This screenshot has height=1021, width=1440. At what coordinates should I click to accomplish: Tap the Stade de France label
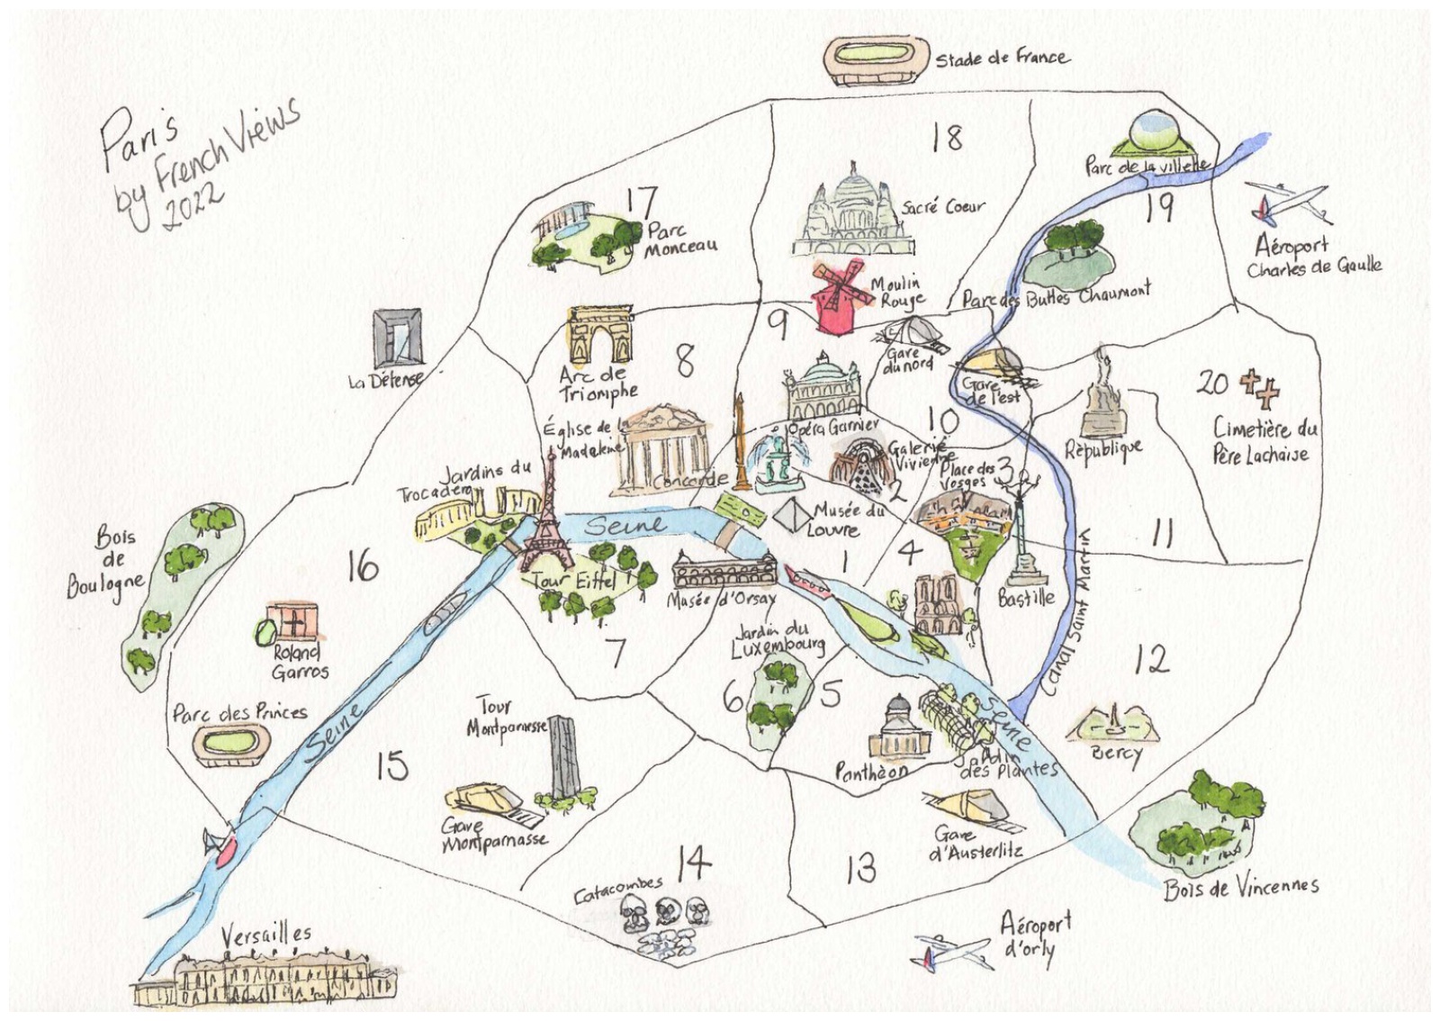(x=1002, y=59)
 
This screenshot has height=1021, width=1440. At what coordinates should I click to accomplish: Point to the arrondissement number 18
(x=947, y=138)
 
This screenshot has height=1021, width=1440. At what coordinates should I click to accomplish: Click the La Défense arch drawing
(x=397, y=338)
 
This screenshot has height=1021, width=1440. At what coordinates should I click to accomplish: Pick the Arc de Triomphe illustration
(x=600, y=336)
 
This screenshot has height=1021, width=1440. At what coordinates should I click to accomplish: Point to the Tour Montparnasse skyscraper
(x=563, y=756)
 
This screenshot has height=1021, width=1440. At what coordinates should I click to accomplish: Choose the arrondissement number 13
(x=860, y=868)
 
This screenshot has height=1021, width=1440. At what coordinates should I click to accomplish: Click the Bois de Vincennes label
(x=1240, y=888)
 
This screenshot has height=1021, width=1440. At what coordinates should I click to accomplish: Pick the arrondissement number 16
(x=362, y=567)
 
